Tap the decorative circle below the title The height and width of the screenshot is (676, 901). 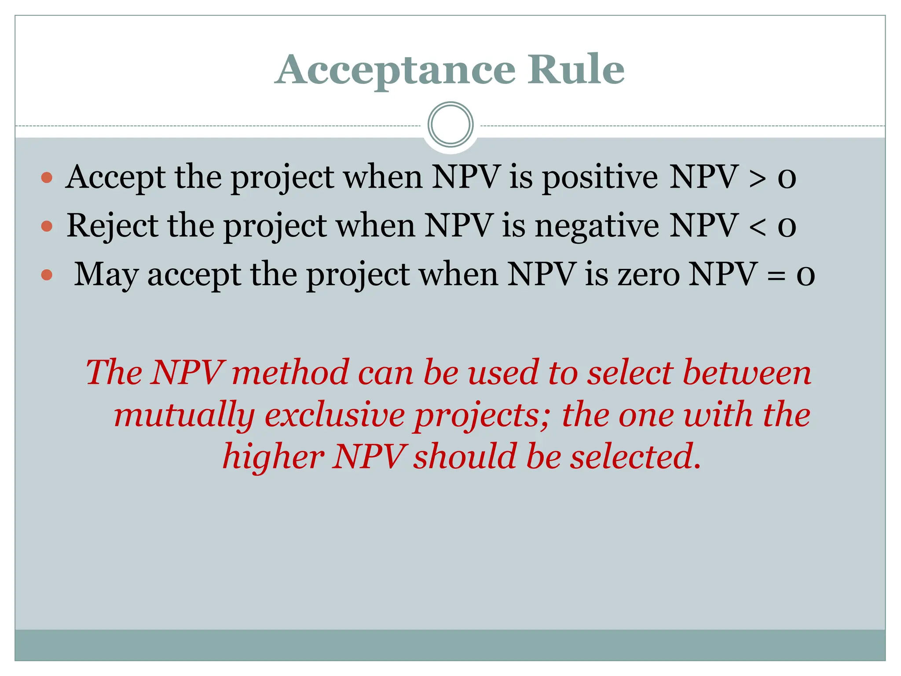pos(450,125)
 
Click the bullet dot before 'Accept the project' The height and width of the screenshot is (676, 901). pos(47,178)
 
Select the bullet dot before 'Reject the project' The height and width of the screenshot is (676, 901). pos(47,226)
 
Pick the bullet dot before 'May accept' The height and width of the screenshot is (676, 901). pos(47,276)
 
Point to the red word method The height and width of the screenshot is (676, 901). pos(290,372)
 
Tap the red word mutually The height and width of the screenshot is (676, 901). pos(184,415)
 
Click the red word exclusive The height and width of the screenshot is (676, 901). pos(334,415)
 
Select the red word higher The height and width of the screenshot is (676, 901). pos(273,457)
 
